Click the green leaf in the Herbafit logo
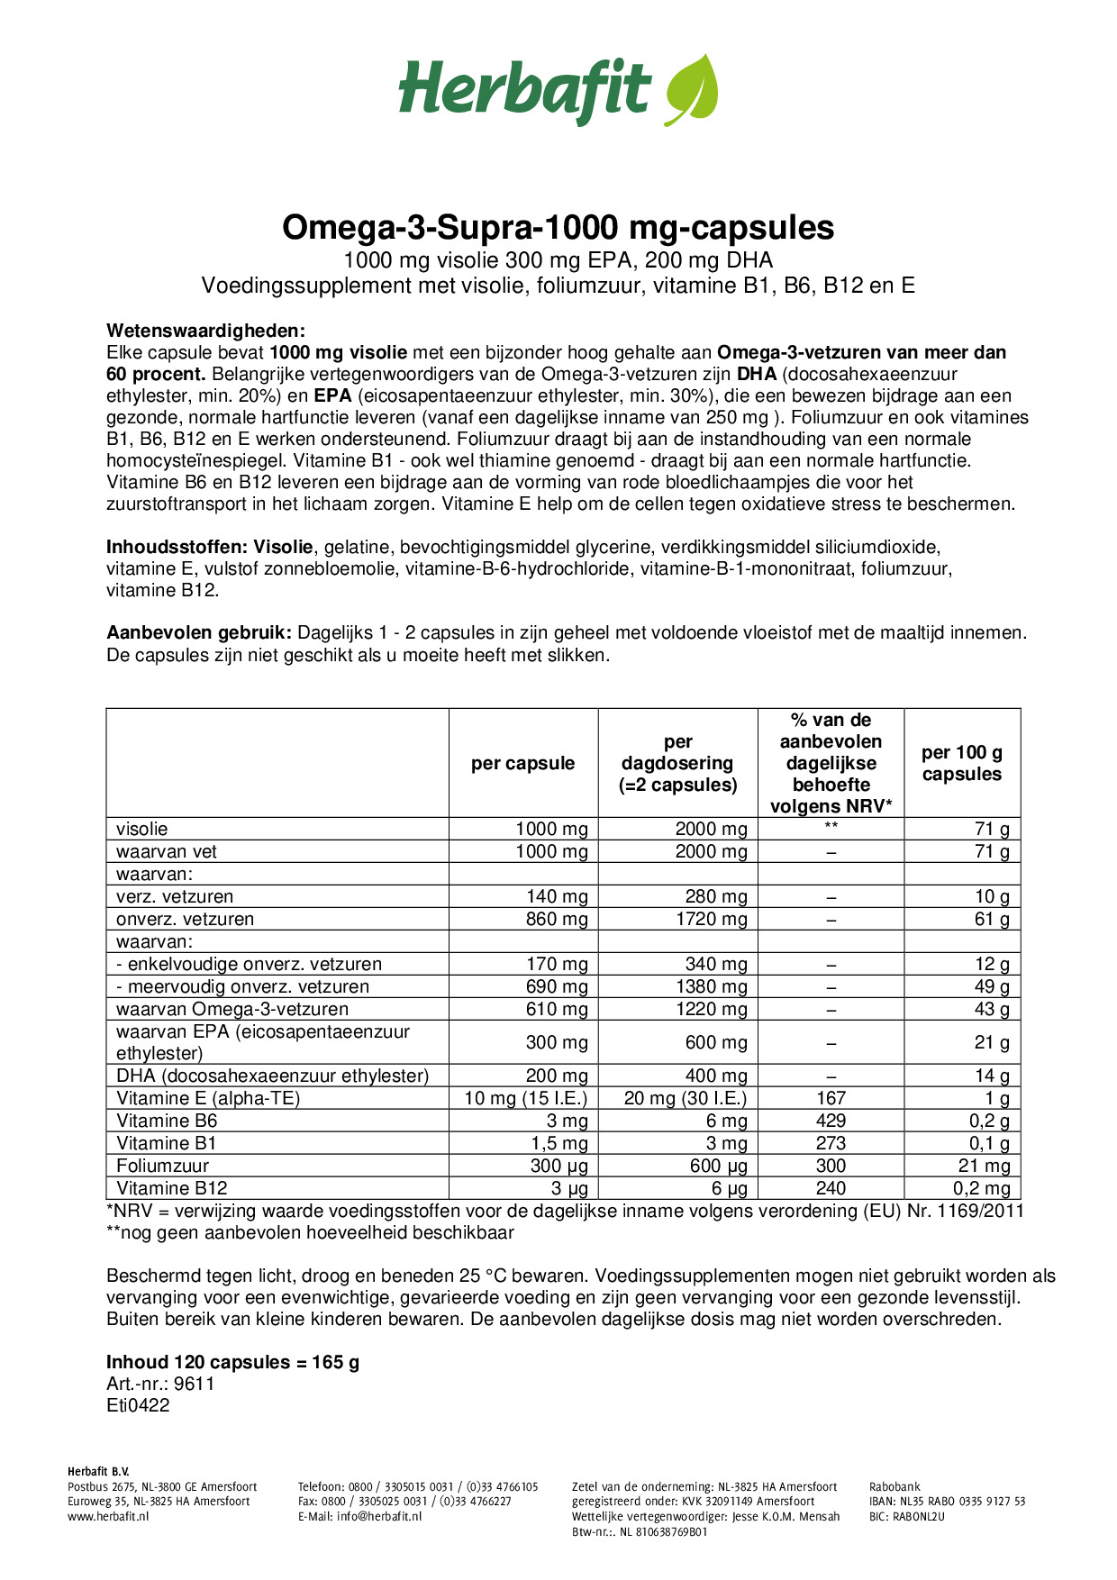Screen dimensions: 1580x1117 point(692,88)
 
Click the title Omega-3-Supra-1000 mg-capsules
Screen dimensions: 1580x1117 point(558,227)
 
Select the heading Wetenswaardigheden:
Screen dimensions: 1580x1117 point(205,331)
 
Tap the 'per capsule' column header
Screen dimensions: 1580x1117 point(522,763)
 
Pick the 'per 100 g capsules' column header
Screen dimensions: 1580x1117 point(961,763)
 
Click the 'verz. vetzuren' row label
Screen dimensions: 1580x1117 point(175,896)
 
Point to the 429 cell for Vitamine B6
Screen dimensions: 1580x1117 point(831,1121)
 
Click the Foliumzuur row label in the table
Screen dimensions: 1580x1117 point(162,1166)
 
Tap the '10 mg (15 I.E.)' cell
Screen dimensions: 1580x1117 point(525,1098)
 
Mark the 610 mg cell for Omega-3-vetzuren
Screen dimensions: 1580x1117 point(557,1009)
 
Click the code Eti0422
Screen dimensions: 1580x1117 point(138,1405)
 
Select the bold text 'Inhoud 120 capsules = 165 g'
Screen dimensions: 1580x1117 point(232,1362)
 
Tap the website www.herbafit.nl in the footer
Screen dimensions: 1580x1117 point(108,1516)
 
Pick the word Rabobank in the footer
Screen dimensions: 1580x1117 point(895,1487)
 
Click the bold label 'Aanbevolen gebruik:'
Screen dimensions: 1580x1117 point(198,633)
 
